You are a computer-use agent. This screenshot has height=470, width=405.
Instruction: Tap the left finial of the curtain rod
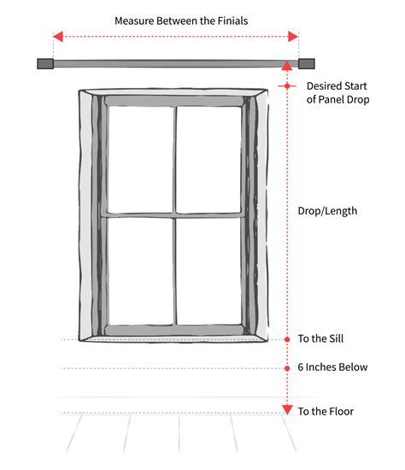pos(45,63)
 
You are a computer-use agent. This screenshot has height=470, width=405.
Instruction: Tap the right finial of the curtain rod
pos(306,63)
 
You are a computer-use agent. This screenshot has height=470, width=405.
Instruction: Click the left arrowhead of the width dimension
pos(57,37)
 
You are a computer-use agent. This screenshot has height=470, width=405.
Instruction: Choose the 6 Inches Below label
pos(332,367)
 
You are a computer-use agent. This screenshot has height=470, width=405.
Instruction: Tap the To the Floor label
pos(326,411)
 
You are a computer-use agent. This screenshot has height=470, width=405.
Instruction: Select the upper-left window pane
pos(140,159)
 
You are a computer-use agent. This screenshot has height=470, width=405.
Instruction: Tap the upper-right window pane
pos(209,159)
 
